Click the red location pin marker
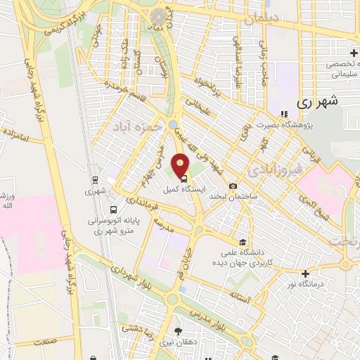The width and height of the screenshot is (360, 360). [x=181, y=165]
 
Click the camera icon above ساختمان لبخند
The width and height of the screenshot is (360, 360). [x=233, y=186]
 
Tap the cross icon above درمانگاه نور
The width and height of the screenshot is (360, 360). [x=304, y=274]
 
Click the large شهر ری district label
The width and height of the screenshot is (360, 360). [x=318, y=101]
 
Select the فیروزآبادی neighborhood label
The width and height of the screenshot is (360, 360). [x=276, y=169]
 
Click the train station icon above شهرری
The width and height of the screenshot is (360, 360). [x=94, y=180]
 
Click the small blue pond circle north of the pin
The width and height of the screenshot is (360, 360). [x=173, y=125]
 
